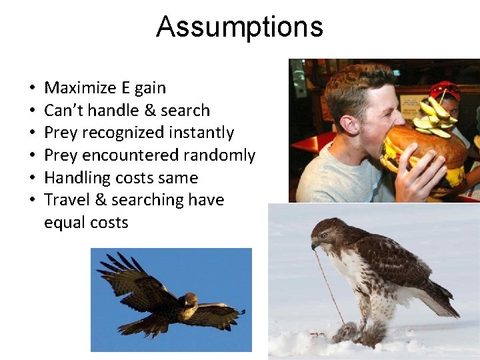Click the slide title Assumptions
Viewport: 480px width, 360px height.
tap(239, 27)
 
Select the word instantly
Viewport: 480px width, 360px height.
tap(201, 133)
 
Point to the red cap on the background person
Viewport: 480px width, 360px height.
tap(445, 89)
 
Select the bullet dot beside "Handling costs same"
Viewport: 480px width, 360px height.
tap(32, 178)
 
